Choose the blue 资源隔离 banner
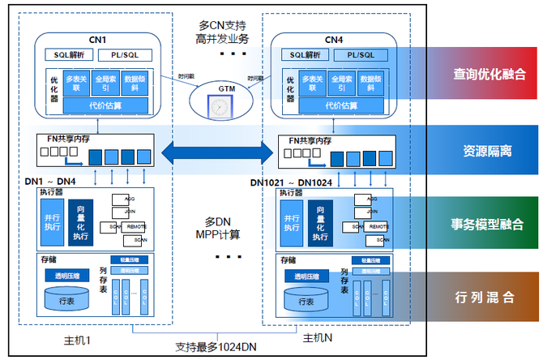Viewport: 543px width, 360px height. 488,151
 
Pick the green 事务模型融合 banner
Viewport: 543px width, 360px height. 488,224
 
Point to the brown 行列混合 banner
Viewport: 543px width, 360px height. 488,297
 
